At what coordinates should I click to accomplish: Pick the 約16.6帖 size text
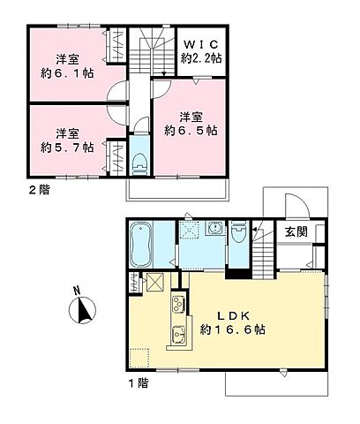pyautogui.click(x=233, y=330)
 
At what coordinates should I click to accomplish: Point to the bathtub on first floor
pyautogui.click(x=140, y=246)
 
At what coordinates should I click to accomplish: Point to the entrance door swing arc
pyautogui.click(x=295, y=206)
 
